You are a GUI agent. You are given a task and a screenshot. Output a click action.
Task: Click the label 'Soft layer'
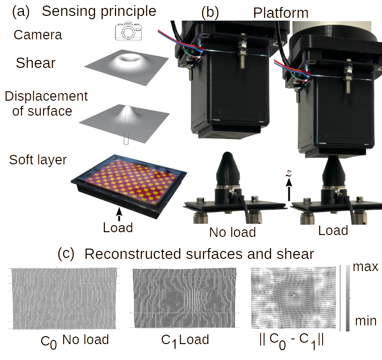[x=38, y=159]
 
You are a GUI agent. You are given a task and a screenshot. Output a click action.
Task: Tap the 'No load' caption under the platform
[x=233, y=232]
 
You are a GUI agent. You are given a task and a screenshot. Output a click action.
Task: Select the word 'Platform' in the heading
[x=280, y=13]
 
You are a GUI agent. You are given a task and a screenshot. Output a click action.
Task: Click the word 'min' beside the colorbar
[x=365, y=321]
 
